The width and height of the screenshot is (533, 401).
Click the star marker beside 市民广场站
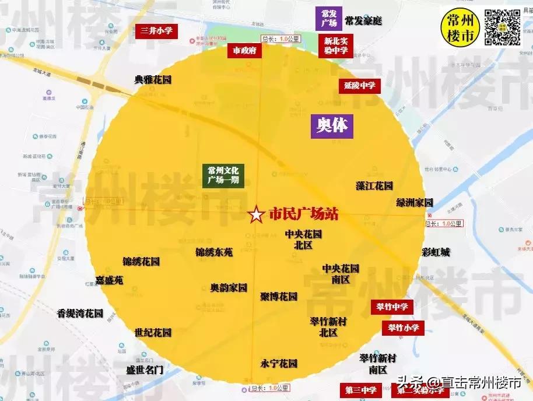coord(256,214)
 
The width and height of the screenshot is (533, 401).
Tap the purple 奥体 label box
coord(331,125)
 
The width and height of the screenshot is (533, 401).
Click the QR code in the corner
coord(502,27)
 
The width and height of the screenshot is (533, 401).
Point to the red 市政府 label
coord(244,51)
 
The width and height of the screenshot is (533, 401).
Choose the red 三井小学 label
coord(156,31)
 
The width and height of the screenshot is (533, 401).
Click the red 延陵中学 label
coord(359,86)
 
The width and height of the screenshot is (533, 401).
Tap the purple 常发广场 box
coord(329,19)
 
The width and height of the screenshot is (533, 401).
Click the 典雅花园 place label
coord(153,80)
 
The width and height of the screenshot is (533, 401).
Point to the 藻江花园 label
coord(374,186)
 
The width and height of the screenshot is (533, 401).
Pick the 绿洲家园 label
coord(415,203)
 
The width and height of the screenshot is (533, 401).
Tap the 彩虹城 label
coord(436,252)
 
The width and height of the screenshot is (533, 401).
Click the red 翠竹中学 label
coord(392,307)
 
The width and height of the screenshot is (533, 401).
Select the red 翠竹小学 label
coord(403,328)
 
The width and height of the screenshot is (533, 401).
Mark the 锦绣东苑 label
coord(214,252)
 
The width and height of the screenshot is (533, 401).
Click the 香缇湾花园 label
coord(80,314)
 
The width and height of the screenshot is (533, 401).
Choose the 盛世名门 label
coord(145,370)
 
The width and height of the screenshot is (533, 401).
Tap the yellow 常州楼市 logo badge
coord(461,27)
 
